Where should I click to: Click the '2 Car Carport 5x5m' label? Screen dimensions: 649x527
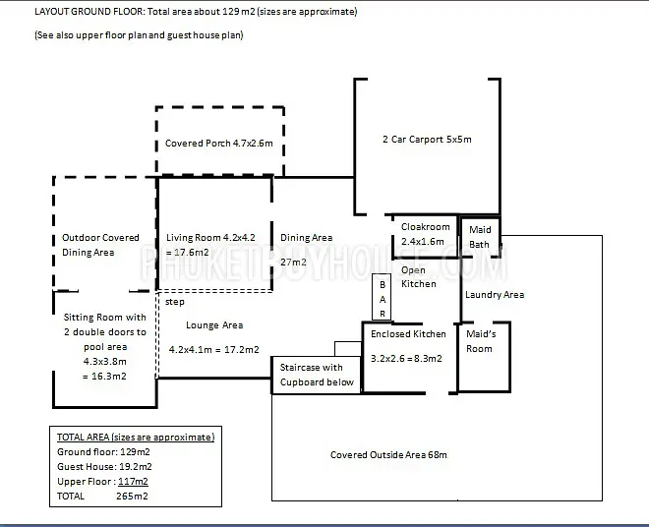pos(427,139)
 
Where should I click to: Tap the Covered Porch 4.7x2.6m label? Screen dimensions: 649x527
pos(219,144)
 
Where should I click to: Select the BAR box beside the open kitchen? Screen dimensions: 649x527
pos(382,297)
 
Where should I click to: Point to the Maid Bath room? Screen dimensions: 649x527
pos(480,237)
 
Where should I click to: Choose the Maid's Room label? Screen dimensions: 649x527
pos(481,341)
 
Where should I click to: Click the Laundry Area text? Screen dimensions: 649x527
pos(495,295)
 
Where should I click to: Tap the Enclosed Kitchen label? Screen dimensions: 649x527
pos(408,334)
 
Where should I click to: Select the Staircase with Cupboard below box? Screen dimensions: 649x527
pos(317,375)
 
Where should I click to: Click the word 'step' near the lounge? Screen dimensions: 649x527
pos(175,302)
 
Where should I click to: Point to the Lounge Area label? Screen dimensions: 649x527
pos(214,325)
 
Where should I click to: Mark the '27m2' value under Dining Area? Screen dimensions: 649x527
pos(293,263)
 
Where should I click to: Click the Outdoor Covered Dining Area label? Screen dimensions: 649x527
pos(100,245)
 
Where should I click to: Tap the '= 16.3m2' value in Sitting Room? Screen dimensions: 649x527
pos(104,377)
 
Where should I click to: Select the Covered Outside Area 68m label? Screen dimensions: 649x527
pos(388,455)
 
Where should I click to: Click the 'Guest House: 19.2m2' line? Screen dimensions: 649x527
pos(104,467)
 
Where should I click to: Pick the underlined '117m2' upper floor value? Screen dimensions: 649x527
pos(134,482)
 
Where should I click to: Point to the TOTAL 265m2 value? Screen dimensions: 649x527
pos(132,496)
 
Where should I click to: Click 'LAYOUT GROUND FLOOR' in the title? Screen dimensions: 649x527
pos(88,11)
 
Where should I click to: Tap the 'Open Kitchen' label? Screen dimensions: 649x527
pos(419,277)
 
